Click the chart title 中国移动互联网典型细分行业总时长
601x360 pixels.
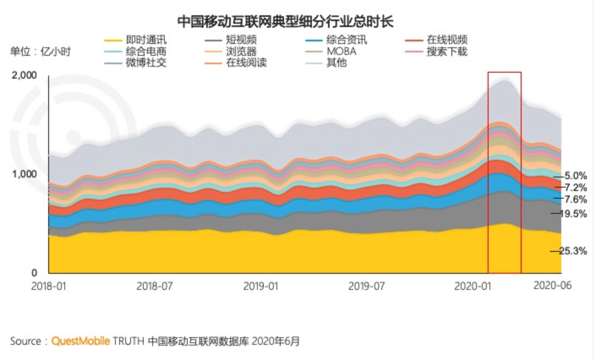pos(285,21)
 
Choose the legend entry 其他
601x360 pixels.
pos(336,63)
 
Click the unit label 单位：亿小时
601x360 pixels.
pos(41,52)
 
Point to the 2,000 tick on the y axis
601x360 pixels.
pos(25,75)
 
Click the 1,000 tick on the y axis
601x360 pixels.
pos(25,174)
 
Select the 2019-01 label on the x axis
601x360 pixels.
pos(261,286)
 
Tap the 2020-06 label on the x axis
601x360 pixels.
pos(552,285)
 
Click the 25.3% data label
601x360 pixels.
pos(573,251)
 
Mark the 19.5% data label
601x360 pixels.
pos(573,214)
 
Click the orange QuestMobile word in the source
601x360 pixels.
pos(80,341)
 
